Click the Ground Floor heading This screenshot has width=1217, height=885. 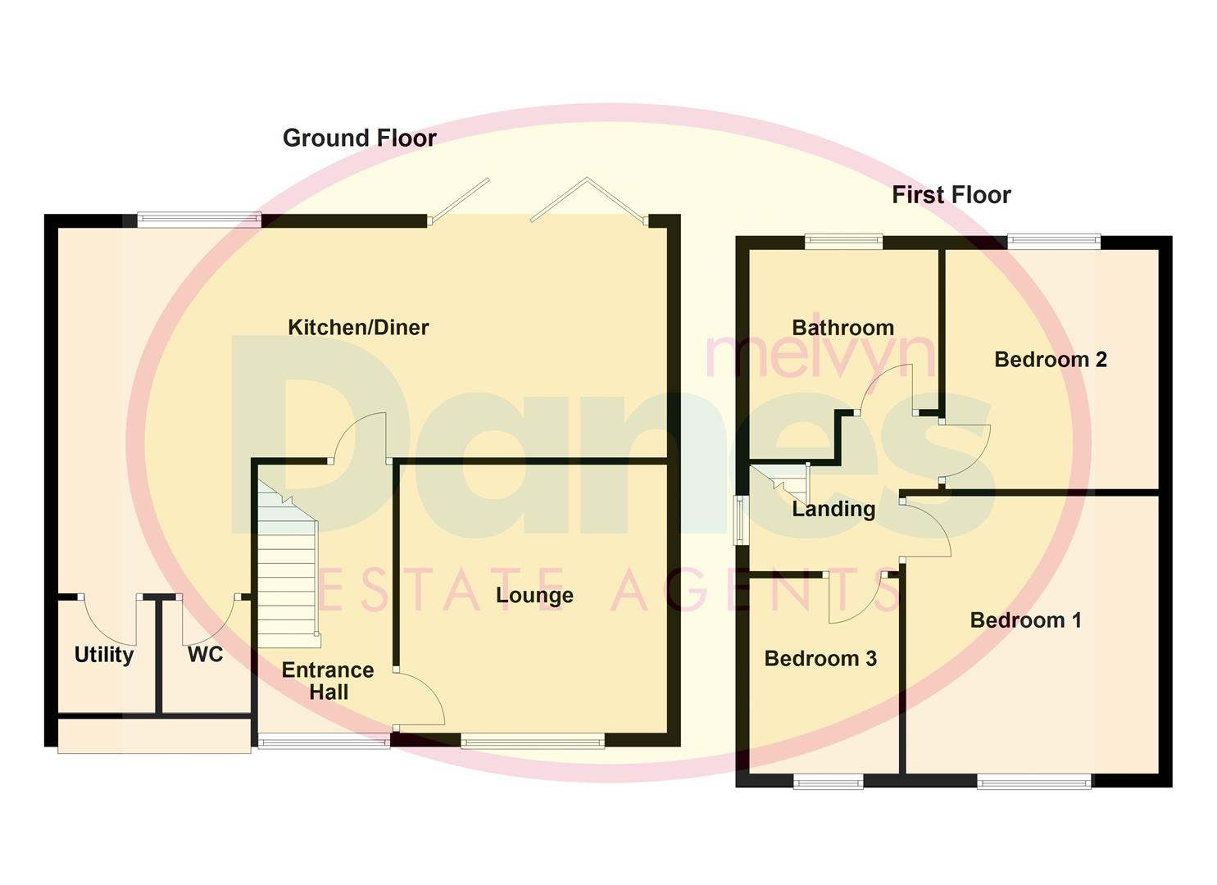coord(359,138)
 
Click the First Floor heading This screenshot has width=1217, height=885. coord(951,195)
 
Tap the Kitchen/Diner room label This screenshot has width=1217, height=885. coord(358,328)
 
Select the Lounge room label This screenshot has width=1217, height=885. coord(534,595)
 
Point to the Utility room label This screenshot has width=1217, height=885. coord(103,655)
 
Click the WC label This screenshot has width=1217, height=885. coord(205,655)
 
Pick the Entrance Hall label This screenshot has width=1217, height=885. coord(328,681)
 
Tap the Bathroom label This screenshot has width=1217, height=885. coord(842,328)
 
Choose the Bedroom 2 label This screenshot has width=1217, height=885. coord(1050,360)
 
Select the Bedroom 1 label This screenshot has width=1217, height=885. coord(1025,620)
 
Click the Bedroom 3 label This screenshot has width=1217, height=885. coord(820,659)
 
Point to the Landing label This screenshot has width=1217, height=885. coord(833,510)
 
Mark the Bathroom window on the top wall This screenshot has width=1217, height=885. coord(843,242)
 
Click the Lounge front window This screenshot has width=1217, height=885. coord(533,742)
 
